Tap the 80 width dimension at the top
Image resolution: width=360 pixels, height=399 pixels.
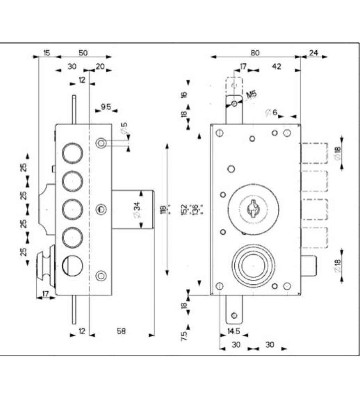(255, 52)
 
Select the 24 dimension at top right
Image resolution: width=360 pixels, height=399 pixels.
(313, 52)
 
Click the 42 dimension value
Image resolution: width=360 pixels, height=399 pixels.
(276, 66)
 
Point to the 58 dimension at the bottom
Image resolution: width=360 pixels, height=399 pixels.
(121, 331)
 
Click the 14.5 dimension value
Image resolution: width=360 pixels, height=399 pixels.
(233, 331)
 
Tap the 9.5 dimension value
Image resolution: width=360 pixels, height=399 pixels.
(106, 107)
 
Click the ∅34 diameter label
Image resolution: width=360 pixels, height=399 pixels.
(136, 209)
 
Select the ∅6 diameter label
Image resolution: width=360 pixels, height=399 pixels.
(271, 113)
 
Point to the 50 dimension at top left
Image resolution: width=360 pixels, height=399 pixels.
(83, 52)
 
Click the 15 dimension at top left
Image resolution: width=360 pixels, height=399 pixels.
(47, 52)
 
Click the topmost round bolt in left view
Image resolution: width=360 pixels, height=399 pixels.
(73, 152)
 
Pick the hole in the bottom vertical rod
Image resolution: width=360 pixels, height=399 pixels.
(234, 316)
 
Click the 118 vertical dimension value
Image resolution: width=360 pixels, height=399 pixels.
(163, 209)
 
